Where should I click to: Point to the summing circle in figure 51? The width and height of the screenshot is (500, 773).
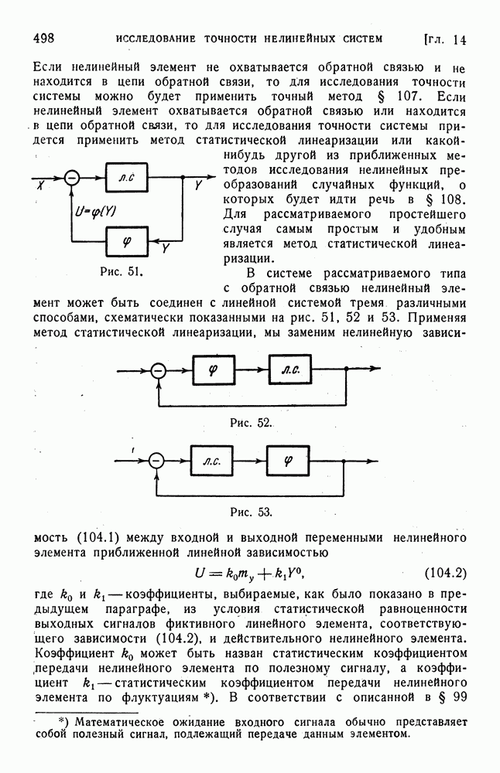click(x=72, y=179)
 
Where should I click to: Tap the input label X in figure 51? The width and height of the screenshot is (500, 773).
click(x=39, y=187)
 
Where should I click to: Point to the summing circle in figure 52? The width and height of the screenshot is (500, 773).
click(x=158, y=371)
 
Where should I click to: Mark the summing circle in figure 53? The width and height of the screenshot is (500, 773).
click(x=156, y=461)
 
